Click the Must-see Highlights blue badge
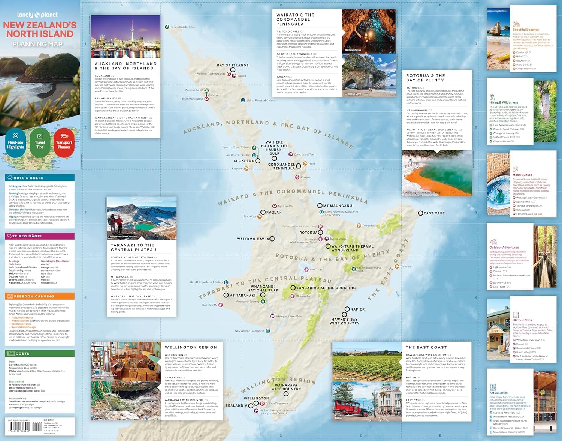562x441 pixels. [x=16, y=143]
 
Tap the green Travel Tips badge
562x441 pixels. [x=40, y=143]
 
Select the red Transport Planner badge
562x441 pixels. [x=64, y=143]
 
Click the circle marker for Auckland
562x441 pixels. [x=258, y=161]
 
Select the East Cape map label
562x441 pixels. [x=434, y=213]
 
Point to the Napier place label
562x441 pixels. [x=357, y=309]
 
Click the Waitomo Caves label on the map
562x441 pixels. [x=253, y=239]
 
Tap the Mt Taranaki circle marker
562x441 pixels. [x=226, y=295]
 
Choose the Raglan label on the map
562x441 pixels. [x=274, y=213]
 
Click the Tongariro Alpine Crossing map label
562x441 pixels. [x=326, y=288]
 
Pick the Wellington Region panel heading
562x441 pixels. [x=191, y=348]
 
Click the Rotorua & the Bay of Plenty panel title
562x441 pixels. [x=425, y=78]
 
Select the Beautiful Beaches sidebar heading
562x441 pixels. [x=526, y=30]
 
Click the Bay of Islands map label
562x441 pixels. [x=233, y=65]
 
